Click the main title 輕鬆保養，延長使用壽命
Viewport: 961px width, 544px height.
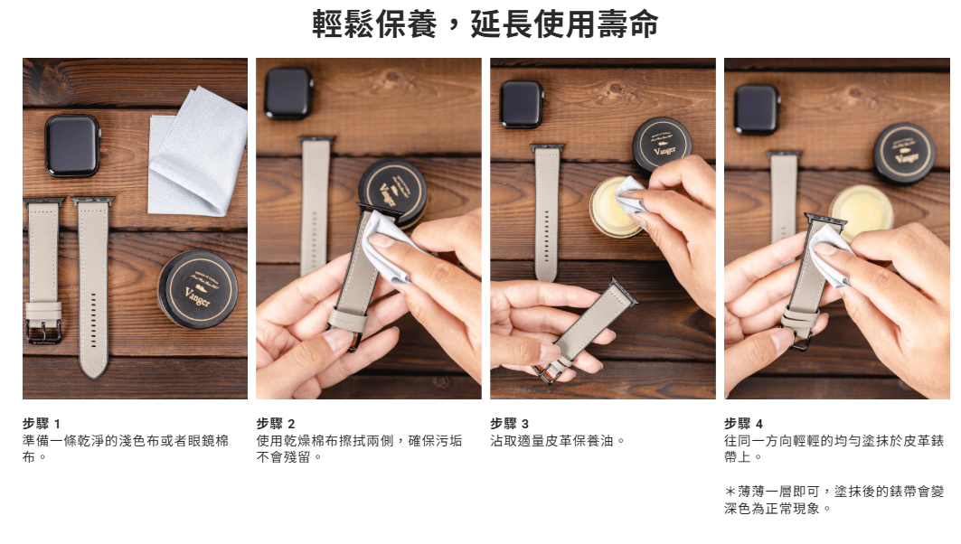[485, 23]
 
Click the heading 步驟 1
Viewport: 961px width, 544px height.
[41, 423]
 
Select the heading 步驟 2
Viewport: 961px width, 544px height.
[275, 423]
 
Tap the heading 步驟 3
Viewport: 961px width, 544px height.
[509, 423]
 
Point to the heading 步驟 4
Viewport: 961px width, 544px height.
[743, 423]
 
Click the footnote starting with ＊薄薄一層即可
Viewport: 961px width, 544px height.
[834, 500]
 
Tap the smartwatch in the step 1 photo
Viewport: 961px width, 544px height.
[72, 145]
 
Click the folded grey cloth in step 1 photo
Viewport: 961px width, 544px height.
[197, 151]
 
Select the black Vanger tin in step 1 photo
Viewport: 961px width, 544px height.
[197, 290]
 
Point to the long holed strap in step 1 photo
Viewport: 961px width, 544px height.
[93, 286]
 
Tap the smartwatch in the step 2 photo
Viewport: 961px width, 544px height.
[288, 93]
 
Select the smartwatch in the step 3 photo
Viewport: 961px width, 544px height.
[522, 104]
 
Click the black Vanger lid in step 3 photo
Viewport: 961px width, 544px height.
[662, 145]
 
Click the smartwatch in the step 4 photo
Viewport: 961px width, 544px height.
[758, 109]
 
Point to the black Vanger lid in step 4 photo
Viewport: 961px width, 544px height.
[904, 153]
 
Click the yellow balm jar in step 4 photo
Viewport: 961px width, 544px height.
[862, 211]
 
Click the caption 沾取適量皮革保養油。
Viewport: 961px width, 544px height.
[557, 440]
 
